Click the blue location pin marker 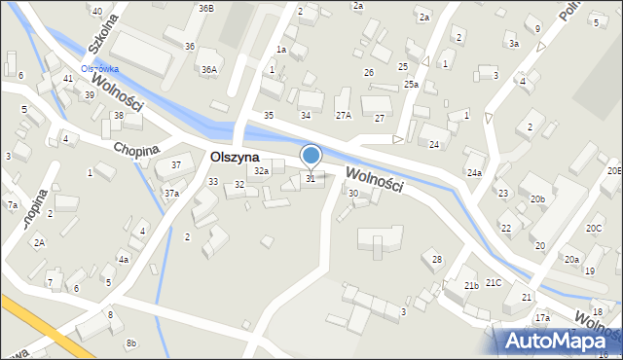click(x=311, y=156)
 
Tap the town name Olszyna click(x=234, y=157)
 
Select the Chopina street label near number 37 click(x=136, y=150)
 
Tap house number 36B click(x=205, y=8)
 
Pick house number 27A click(x=343, y=115)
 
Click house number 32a click(x=261, y=171)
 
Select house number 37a click(x=171, y=194)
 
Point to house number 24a click(x=474, y=172)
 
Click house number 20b click(x=537, y=199)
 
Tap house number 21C click(x=494, y=282)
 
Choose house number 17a click(x=542, y=318)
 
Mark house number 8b click(x=131, y=342)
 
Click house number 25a click(x=412, y=85)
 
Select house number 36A click(x=208, y=69)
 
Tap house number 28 click(x=437, y=259)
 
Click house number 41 click(x=67, y=78)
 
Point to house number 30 click(x=353, y=194)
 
